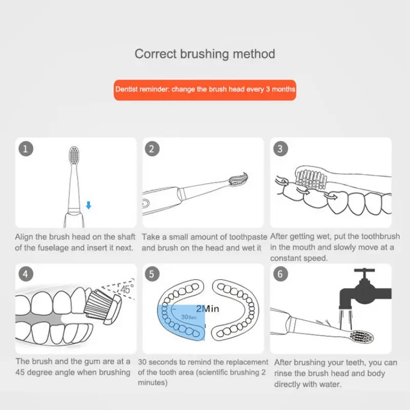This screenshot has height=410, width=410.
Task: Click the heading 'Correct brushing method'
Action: tap(204, 54)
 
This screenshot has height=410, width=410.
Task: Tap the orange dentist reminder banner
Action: tap(204, 90)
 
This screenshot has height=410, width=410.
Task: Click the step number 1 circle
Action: tap(26, 149)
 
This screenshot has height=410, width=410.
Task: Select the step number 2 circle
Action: tap(152, 149)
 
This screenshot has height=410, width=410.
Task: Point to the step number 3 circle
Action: tap(280, 149)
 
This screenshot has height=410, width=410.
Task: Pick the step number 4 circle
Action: tap(26, 274)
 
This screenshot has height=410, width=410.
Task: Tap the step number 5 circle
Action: tap(152, 274)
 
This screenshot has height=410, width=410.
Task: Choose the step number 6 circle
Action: tap(280, 274)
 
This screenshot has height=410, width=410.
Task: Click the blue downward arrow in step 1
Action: tap(89, 206)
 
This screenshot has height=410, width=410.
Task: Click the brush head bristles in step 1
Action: tap(74, 156)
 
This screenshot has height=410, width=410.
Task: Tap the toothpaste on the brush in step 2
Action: tap(238, 178)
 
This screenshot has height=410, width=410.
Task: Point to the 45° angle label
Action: tap(127, 289)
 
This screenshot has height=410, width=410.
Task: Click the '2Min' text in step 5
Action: tap(208, 309)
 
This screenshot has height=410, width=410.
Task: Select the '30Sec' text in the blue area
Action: tap(189, 317)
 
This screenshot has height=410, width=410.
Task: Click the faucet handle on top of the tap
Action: tap(364, 271)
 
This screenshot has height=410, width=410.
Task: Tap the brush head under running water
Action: tap(362, 337)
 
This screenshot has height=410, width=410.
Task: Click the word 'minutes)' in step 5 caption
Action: tap(153, 383)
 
